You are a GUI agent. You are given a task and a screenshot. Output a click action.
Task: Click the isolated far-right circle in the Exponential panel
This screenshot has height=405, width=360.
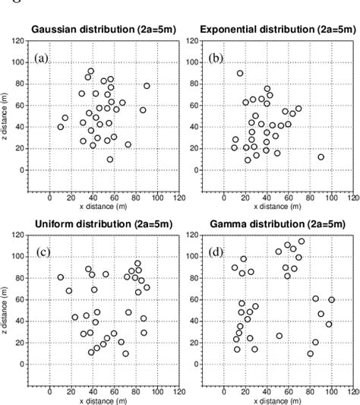(x=321, y=157)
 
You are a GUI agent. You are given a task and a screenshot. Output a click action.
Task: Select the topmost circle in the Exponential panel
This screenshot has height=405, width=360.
(x=240, y=74)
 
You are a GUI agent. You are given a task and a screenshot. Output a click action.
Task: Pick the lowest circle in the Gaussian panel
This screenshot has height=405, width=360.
(x=110, y=160)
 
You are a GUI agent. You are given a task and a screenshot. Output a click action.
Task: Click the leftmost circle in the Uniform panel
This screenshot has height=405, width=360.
(x=61, y=277)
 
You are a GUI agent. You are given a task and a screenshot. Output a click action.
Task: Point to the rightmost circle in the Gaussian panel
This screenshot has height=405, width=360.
(x=147, y=86)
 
